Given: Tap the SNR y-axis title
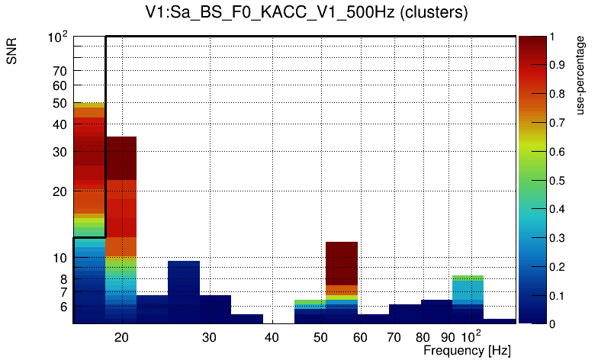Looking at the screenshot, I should [12, 51].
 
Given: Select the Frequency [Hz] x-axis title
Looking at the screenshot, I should [467, 350].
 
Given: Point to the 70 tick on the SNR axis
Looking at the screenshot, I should [59, 71].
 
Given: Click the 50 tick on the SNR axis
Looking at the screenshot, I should [59, 103].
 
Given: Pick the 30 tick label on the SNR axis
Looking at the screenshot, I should [59, 152].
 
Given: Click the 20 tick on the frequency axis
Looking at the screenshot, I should [121, 336].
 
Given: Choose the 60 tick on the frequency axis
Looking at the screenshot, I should [360, 336].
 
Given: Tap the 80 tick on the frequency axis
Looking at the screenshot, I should [423, 336].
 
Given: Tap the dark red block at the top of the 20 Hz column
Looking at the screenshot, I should [121, 158].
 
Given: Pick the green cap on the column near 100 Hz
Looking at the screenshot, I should [468, 278].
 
